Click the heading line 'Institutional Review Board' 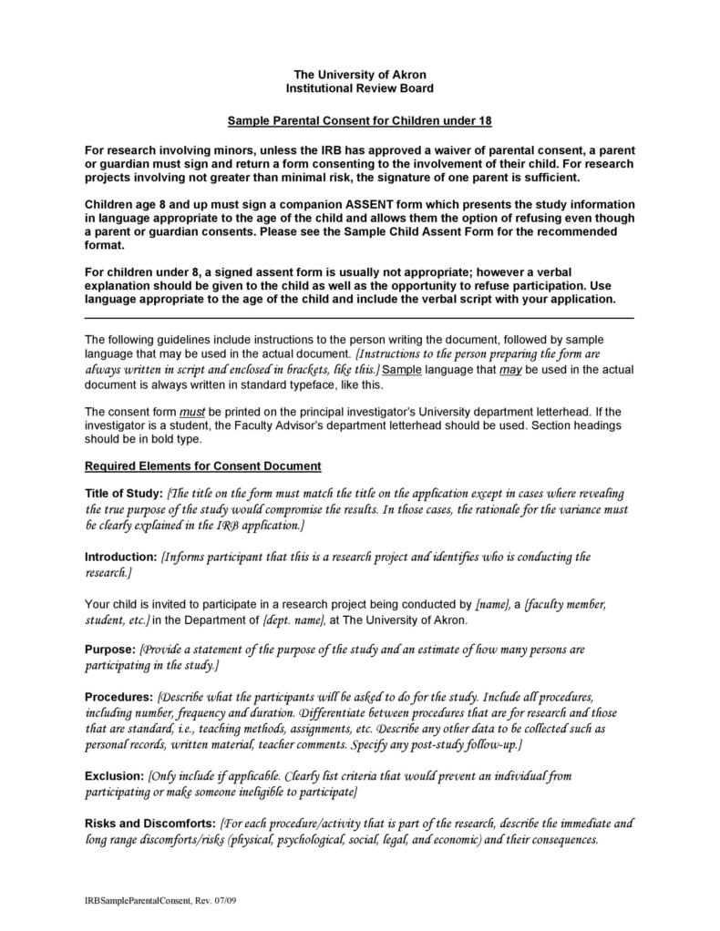click(359, 88)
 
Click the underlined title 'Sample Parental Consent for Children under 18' click(359, 120)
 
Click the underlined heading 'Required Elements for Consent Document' click(202, 465)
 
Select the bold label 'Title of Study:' click(123, 494)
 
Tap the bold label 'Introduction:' click(121, 557)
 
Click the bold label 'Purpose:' click(110, 650)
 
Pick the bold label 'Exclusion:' click(114, 776)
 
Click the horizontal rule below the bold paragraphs click(359, 318)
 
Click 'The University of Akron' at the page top click(359, 74)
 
